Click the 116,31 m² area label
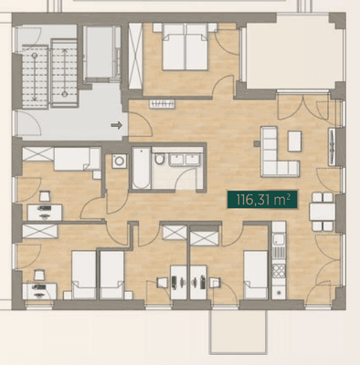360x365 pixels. click(x=262, y=199)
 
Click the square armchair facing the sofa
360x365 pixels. click(x=295, y=141)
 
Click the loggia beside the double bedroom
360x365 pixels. click(x=281, y=55)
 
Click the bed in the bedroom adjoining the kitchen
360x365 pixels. click(x=259, y=270)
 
